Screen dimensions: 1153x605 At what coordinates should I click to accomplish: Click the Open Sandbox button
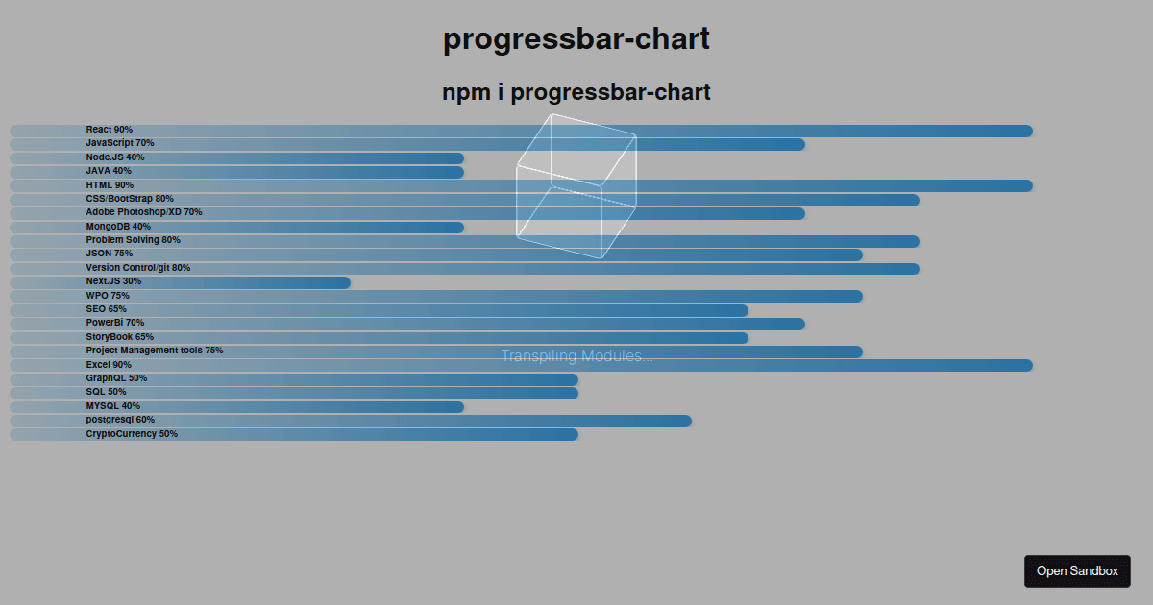pos(1077,571)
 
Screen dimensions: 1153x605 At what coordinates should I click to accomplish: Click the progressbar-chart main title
pos(576,38)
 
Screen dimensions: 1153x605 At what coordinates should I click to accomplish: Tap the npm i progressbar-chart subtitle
pos(576,92)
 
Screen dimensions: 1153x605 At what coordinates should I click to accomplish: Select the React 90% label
pos(110,130)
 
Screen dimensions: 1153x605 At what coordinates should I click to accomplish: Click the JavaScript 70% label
pos(120,143)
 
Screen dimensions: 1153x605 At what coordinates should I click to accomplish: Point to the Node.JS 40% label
pos(114,157)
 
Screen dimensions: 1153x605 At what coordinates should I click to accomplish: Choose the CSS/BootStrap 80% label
pos(130,199)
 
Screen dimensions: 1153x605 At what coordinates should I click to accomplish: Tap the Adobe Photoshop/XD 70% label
pos(143,212)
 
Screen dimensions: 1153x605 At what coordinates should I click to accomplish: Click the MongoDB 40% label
pos(118,227)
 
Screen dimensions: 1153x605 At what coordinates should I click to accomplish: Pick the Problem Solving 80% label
pos(133,240)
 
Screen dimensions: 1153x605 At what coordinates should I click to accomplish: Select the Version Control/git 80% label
pos(138,268)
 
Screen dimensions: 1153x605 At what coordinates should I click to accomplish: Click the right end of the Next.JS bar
pos(350,282)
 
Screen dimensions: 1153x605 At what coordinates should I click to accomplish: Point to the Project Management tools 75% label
pos(155,351)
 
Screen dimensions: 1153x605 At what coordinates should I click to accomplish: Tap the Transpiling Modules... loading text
pos(577,356)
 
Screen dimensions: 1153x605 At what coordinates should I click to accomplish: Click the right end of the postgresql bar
pos(690,422)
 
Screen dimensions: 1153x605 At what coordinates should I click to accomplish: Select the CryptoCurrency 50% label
pos(132,434)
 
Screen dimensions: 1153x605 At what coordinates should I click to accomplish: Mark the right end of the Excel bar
pos(1032,365)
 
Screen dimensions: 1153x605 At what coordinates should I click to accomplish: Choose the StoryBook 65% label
pos(119,337)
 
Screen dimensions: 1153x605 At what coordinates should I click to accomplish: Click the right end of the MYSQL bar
pos(463,407)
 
